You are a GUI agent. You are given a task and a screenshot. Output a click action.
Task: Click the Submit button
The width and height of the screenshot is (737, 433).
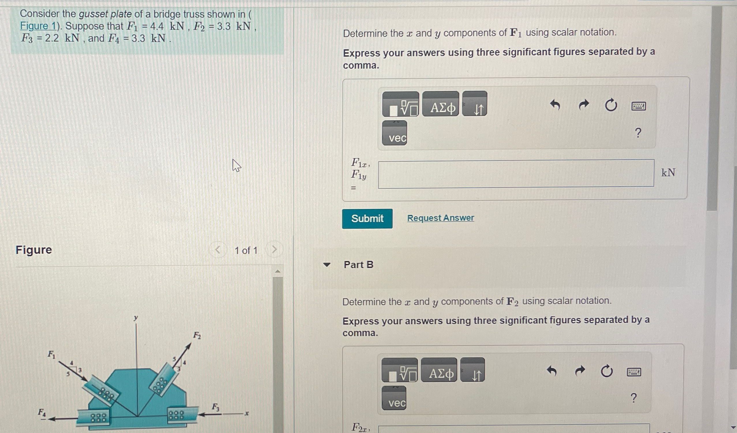[367, 219]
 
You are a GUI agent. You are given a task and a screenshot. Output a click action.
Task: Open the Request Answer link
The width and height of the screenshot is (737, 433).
[440, 218]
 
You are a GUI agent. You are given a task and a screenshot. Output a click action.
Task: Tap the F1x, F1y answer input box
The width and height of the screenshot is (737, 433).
[516, 173]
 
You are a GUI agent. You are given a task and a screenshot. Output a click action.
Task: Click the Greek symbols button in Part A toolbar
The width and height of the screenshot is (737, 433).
[440, 104]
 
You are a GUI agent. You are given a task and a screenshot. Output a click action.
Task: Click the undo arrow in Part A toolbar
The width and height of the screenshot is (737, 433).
[555, 105]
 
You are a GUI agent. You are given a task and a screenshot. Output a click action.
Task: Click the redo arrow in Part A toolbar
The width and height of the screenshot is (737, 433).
[584, 105]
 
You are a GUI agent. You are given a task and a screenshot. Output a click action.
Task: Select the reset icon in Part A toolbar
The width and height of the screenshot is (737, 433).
[611, 105]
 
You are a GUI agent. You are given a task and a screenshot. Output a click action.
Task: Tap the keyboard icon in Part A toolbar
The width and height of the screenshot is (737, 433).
[638, 106]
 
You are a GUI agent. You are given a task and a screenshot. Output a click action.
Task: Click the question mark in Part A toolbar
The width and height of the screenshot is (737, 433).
[638, 133]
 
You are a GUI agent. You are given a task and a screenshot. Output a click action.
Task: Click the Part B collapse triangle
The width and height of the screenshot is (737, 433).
[327, 265]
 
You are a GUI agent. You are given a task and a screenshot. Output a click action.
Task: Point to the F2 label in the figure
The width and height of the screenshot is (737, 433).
[197, 335]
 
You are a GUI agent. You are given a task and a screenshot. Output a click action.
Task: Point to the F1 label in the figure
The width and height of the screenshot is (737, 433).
[51, 355]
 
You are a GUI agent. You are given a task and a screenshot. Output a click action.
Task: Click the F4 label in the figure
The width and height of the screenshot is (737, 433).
[42, 413]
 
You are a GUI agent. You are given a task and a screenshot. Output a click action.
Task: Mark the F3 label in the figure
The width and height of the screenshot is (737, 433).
[215, 407]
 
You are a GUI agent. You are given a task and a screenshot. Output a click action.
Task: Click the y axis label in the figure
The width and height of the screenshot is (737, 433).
[135, 318]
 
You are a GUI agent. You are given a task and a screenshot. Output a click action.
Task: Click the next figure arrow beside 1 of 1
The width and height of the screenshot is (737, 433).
[274, 249]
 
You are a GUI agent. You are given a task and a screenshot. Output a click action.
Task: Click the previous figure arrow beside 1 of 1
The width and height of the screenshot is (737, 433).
[217, 250]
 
